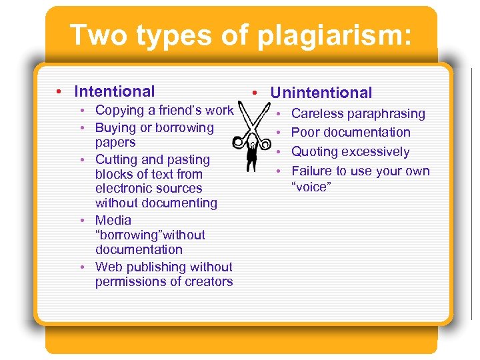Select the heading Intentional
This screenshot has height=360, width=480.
click(115, 91)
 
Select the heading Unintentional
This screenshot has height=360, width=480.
click(321, 93)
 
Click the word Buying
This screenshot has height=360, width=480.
click(116, 127)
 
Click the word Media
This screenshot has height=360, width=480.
click(113, 220)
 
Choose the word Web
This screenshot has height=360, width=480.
click(109, 267)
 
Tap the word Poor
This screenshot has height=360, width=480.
click(306, 133)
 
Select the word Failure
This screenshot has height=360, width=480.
click(315, 171)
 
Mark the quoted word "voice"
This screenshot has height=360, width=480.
click(311, 187)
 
